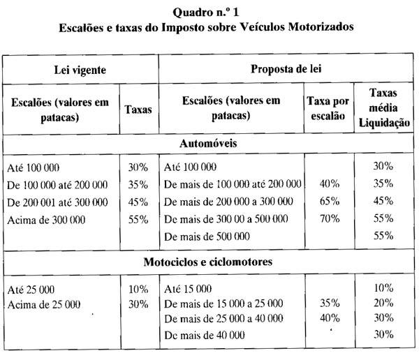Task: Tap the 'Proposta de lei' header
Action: pos(286,70)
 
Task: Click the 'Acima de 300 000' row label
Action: pos(46,219)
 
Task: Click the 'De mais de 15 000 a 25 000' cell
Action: pos(223,303)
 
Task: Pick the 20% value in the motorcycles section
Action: pos(382,303)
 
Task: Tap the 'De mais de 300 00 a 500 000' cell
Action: pos(226,219)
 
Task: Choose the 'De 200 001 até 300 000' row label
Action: pos(57,202)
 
